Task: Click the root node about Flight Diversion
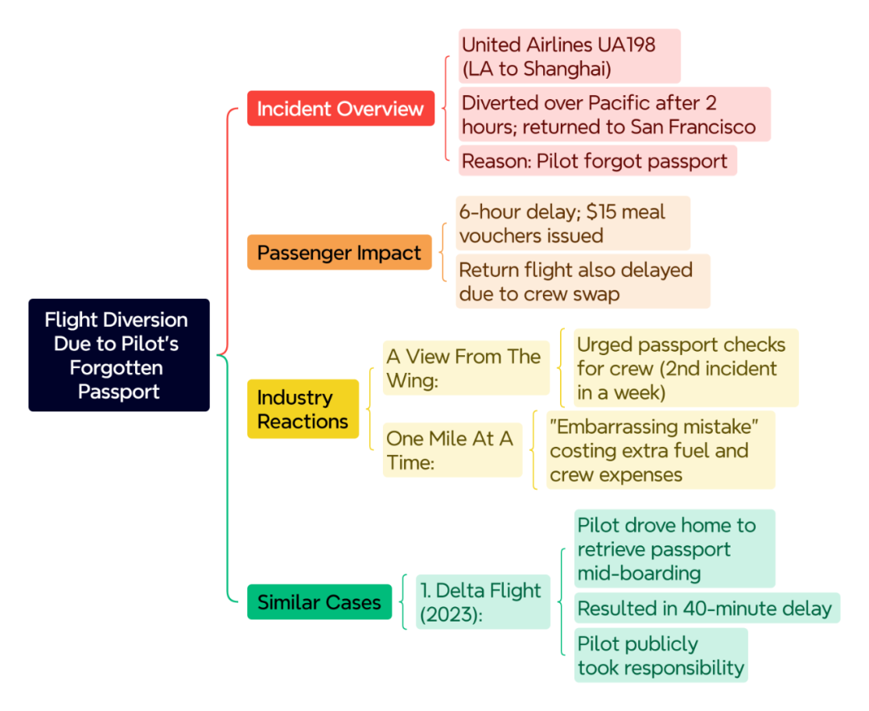click(x=119, y=355)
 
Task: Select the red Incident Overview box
click(x=341, y=108)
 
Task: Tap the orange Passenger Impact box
click(x=340, y=252)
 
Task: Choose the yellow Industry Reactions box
click(x=303, y=409)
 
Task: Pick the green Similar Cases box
click(x=319, y=601)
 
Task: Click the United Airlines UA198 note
click(x=569, y=56)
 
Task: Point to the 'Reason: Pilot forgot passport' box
click(x=597, y=161)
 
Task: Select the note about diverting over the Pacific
click(x=614, y=114)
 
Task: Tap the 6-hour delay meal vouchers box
click(x=573, y=223)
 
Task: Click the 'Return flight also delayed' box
click(x=583, y=281)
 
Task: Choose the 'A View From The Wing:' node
click(x=466, y=368)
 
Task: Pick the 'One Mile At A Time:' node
click(x=452, y=450)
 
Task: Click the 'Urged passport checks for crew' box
click(x=686, y=368)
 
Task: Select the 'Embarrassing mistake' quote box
click(x=661, y=450)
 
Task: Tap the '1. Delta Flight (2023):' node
click(x=483, y=601)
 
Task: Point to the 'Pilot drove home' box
click(x=674, y=548)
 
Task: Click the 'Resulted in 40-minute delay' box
click(x=707, y=608)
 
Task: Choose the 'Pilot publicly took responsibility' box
click(x=661, y=655)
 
